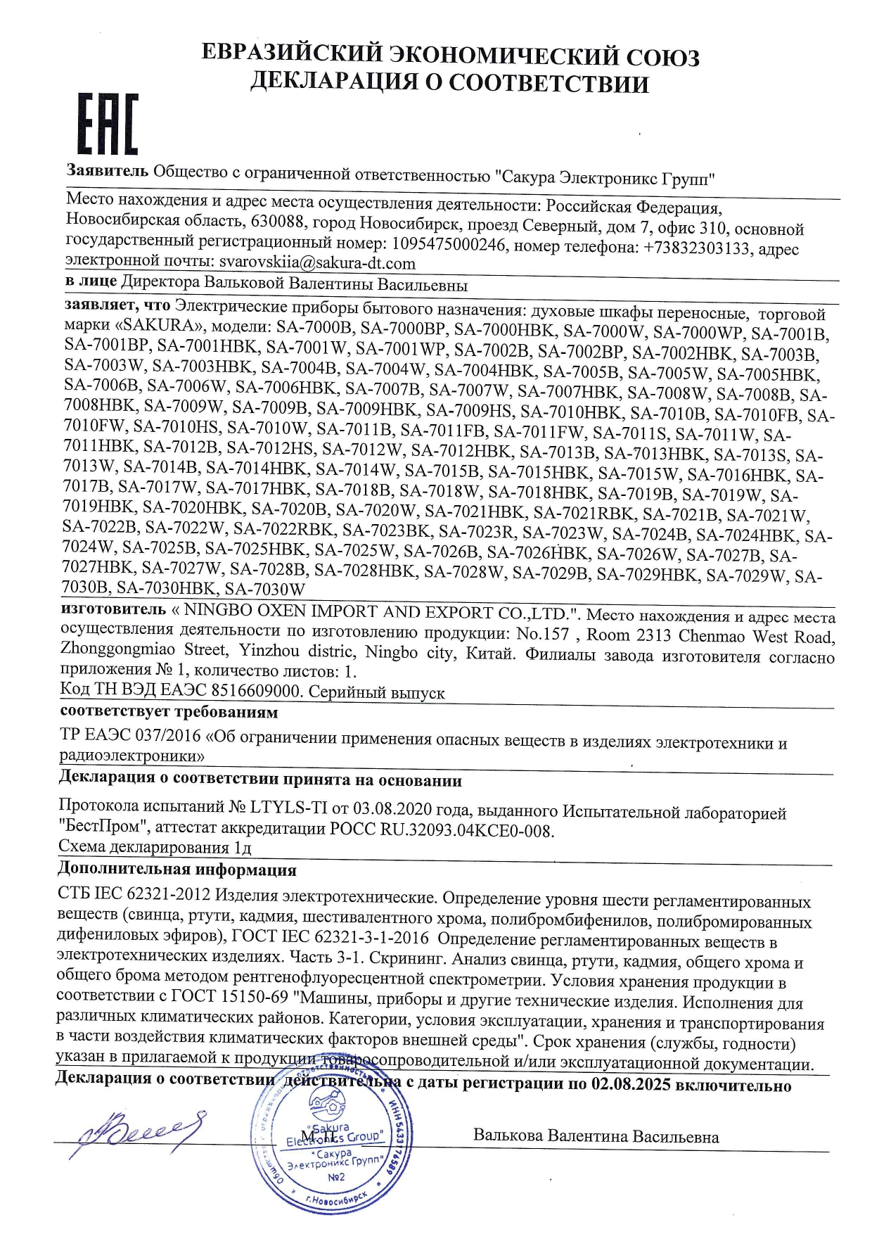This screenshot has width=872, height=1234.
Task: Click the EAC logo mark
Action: (108, 125)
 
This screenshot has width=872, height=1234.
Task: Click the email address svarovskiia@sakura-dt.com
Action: (317, 263)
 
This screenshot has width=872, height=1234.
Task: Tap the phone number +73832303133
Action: (696, 248)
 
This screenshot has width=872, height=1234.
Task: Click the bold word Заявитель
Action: (108, 170)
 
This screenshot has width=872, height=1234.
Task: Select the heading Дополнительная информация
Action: (177, 870)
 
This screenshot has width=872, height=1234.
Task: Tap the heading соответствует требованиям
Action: (169, 712)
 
